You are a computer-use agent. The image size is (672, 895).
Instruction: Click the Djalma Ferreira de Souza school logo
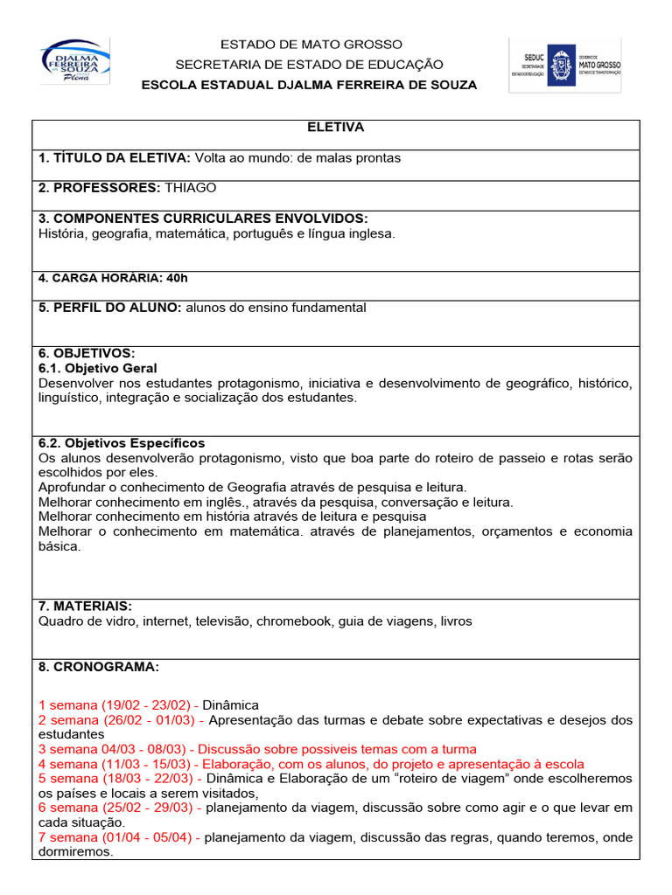75,61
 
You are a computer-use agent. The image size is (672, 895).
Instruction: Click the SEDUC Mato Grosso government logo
565,65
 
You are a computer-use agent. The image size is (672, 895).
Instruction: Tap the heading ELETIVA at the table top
335,128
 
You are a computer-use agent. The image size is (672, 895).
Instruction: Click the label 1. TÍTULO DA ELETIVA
114,157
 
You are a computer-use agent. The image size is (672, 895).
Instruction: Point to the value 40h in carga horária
176,278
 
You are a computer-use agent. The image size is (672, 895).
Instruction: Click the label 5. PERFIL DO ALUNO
110,308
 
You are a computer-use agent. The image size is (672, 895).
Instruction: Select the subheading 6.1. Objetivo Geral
98,369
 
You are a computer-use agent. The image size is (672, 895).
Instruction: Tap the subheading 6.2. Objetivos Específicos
122,443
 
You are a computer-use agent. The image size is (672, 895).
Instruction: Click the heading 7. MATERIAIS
85,606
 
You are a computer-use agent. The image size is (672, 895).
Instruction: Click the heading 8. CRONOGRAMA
99,667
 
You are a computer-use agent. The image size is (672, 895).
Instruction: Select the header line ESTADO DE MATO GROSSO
311,44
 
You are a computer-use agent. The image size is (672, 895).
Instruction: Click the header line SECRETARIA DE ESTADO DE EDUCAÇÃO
310,65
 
